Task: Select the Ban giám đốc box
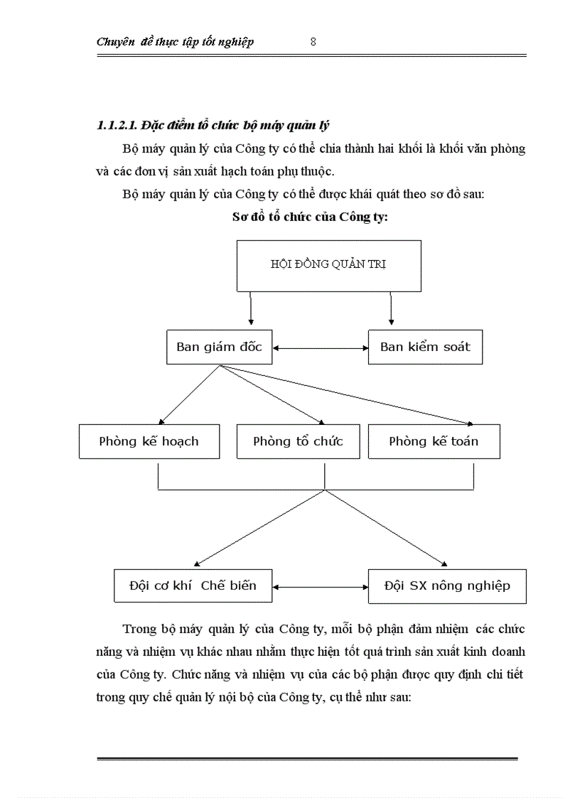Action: click(219, 347)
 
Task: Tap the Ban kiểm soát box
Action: click(425, 347)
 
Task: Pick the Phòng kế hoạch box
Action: click(149, 441)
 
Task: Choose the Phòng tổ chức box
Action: click(298, 441)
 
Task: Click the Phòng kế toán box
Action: click(434, 441)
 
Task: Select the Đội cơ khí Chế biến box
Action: click(193, 586)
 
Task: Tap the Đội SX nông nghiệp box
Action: click(447, 586)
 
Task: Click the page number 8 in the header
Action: click(313, 41)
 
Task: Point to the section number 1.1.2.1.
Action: click(117, 126)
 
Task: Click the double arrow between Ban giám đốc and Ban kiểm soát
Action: click(321, 347)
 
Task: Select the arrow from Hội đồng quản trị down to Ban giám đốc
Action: click(251, 310)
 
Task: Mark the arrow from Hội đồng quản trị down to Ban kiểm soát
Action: click(391, 310)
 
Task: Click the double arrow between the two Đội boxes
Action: click(321, 587)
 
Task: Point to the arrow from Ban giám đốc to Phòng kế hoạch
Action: click(190, 395)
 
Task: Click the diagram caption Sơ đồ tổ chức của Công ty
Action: click(310, 217)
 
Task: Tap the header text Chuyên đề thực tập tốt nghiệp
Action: click(175, 42)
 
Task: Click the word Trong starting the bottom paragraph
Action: click(139, 629)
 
